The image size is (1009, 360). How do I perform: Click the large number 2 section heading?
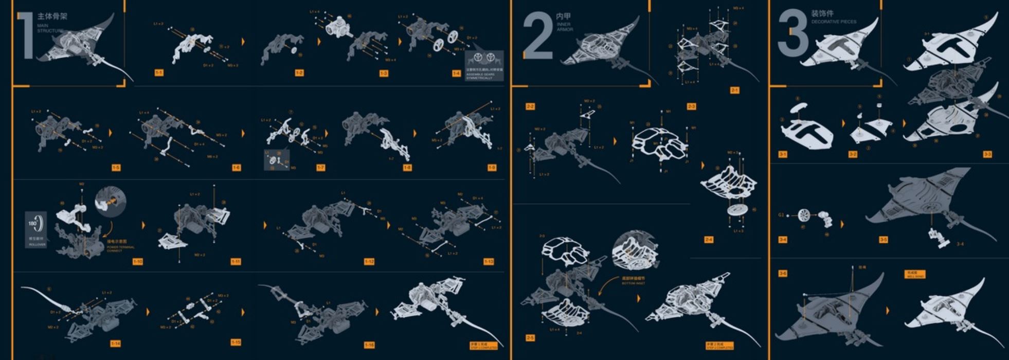(x=537, y=36)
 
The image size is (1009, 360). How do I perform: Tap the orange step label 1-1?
(x=159, y=73)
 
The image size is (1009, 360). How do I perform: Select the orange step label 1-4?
(x=456, y=74)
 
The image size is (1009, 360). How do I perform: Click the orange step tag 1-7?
(x=321, y=168)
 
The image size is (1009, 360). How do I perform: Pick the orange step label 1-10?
(x=137, y=261)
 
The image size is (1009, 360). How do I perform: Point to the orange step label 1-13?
(x=489, y=262)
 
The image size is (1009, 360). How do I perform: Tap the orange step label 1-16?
(x=369, y=345)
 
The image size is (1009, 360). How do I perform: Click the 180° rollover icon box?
(x=36, y=229)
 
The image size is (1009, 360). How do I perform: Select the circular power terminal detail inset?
(x=111, y=202)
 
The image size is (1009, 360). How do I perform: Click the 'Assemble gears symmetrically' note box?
(x=484, y=65)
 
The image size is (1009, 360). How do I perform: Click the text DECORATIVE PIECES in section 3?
(x=834, y=22)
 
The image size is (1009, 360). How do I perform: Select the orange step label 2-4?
(x=709, y=240)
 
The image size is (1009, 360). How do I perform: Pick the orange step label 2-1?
(x=734, y=90)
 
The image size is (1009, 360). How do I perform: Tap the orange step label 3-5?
(x=883, y=240)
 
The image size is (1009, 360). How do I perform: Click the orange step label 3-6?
(x=782, y=274)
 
